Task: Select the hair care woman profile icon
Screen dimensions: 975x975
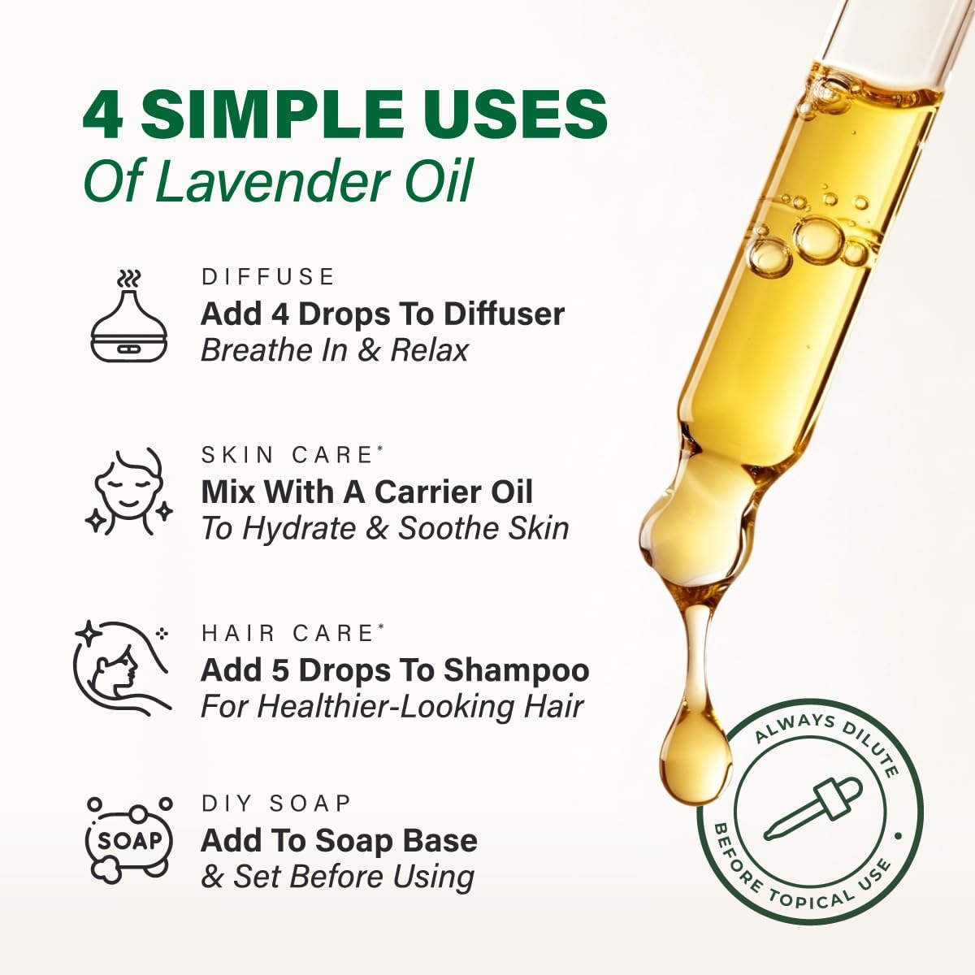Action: tap(122, 666)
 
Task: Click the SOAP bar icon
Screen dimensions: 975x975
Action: tap(129, 840)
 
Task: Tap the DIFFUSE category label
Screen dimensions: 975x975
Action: tap(268, 277)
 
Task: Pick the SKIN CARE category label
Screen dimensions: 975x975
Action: tap(288, 455)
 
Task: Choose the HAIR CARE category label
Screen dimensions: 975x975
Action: tap(288, 633)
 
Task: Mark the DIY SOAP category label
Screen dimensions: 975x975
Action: tap(276, 804)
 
